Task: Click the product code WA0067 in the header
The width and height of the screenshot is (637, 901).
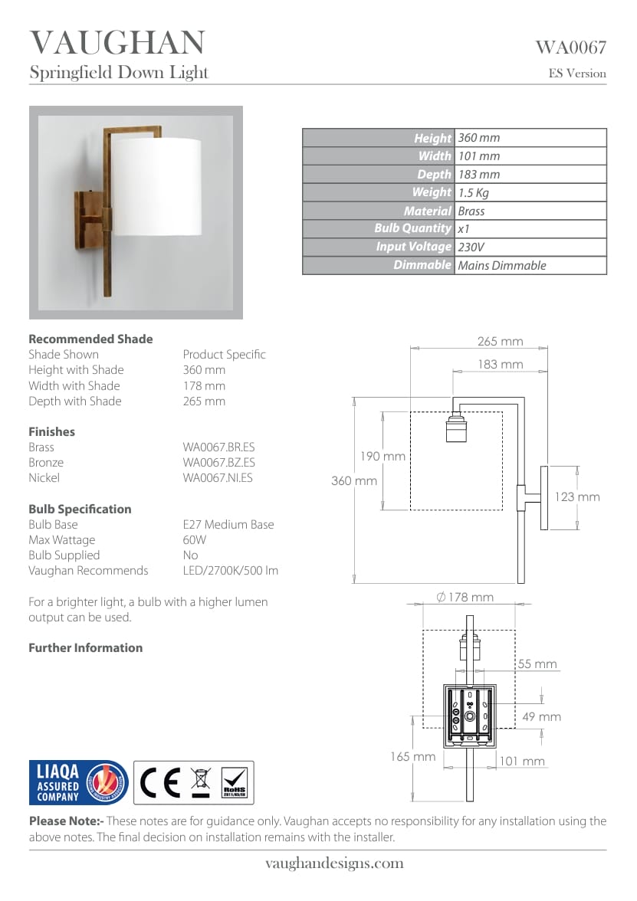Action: point(570,48)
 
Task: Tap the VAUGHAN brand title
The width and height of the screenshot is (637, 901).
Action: point(117,43)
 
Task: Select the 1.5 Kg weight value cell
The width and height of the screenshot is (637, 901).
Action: point(474,193)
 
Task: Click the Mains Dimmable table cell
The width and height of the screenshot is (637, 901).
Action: point(502,266)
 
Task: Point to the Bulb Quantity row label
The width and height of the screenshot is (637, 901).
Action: point(412,228)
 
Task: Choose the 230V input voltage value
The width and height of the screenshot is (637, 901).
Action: point(471,247)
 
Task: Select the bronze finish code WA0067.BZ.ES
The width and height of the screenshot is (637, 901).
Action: point(218,463)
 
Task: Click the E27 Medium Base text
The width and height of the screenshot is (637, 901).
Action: point(228,525)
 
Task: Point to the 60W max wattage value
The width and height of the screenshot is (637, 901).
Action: point(194,540)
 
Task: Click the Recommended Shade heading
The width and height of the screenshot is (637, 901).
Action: point(90,339)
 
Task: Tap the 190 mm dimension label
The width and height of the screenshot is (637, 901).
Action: point(383,457)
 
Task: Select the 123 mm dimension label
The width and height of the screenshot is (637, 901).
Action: point(576,497)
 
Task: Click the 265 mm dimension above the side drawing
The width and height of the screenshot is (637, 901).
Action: point(500,342)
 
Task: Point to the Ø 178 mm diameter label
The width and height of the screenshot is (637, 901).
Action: point(465,598)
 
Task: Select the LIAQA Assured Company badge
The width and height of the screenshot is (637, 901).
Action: point(78,782)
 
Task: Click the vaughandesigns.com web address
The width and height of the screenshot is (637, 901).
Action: point(334,863)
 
